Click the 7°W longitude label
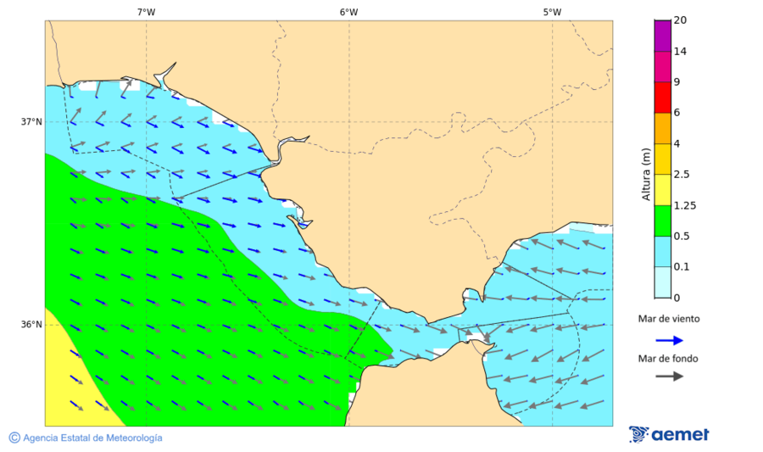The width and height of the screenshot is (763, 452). pos(145,12)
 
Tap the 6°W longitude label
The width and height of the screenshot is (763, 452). pos(348,12)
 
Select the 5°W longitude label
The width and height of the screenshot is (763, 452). pos(552,12)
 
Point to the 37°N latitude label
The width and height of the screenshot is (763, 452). pos(31,122)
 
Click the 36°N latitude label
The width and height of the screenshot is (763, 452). pos(31,325)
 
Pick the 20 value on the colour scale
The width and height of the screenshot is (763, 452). pos(680,20)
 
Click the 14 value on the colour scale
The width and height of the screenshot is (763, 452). pos(680,51)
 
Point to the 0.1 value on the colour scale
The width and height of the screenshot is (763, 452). pos(682,266)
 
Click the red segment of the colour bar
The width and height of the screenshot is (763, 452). pos(662,97)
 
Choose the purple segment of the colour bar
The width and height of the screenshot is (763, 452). pos(662,36)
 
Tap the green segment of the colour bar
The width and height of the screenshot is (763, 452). pos(662,220)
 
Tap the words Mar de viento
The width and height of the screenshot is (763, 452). pos(669,319)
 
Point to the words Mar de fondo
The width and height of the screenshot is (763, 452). pos(669,358)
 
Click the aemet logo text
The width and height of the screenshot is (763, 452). pos(680,434)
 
